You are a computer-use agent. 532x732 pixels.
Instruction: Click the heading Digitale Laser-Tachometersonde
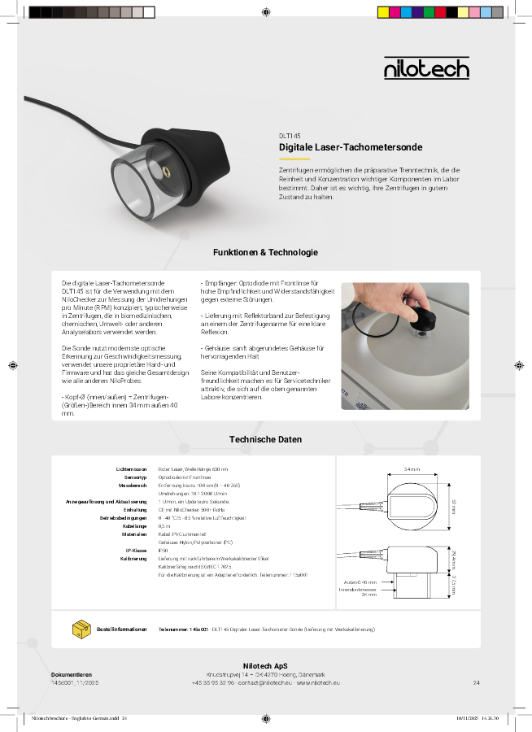(x=351, y=147)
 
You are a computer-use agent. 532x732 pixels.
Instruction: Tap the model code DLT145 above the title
(x=290, y=136)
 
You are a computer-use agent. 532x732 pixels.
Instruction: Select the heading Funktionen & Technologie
(x=265, y=253)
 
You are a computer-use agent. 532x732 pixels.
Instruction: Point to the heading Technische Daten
(x=265, y=439)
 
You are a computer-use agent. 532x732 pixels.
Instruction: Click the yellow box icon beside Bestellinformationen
(x=82, y=629)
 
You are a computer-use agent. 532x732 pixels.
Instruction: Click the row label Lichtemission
(x=131, y=469)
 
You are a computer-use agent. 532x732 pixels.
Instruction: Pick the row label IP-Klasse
(x=135, y=551)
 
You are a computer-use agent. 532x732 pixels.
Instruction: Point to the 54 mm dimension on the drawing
(x=412, y=469)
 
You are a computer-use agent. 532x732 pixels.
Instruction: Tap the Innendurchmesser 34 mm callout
(x=358, y=591)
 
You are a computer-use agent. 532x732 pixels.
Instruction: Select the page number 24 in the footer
(x=476, y=683)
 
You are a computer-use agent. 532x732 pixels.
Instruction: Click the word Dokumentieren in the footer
(x=72, y=674)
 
